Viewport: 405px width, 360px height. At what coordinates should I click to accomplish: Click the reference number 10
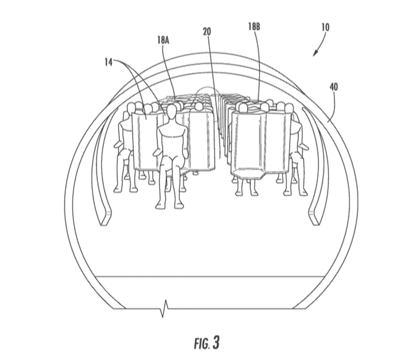click(x=326, y=27)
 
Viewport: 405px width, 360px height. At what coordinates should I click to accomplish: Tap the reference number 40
click(x=334, y=87)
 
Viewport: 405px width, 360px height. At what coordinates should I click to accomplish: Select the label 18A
click(x=163, y=40)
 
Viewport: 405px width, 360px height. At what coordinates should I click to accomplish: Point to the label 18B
click(x=254, y=27)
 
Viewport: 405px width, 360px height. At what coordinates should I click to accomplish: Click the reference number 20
click(x=207, y=31)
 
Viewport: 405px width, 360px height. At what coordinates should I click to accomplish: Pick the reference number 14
click(x=109, y=62)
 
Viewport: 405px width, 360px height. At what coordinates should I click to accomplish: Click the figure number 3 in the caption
click(x=216, y=342)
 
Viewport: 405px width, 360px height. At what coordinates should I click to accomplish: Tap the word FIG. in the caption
click(x=202, y=343)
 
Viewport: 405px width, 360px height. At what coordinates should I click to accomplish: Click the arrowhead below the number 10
click(x=315, y=53)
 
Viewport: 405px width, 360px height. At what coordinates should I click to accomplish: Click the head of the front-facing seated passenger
click(x=171, y=112)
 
